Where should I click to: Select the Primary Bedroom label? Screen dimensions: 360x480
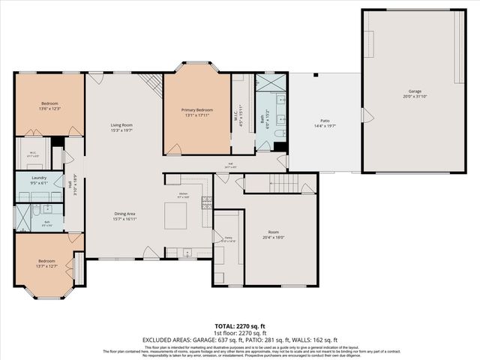[196, 112]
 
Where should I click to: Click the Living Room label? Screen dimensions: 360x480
[121, 127]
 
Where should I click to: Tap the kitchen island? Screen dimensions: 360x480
[175, 216]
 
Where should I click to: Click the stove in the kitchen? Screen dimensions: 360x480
[206, 202]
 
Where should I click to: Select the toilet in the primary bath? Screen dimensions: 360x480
[279, 133]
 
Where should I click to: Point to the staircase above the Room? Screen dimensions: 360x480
[284, 183]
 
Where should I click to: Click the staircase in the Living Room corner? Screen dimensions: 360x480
[152, 84]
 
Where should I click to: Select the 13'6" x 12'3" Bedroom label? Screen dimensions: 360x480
[49, 106]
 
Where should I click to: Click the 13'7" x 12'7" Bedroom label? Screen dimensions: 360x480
[46, 263]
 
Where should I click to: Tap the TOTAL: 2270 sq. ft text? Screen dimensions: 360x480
[239, 326]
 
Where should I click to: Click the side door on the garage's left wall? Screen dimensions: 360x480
[366, 115]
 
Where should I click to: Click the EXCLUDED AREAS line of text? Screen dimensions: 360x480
[239, 339]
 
